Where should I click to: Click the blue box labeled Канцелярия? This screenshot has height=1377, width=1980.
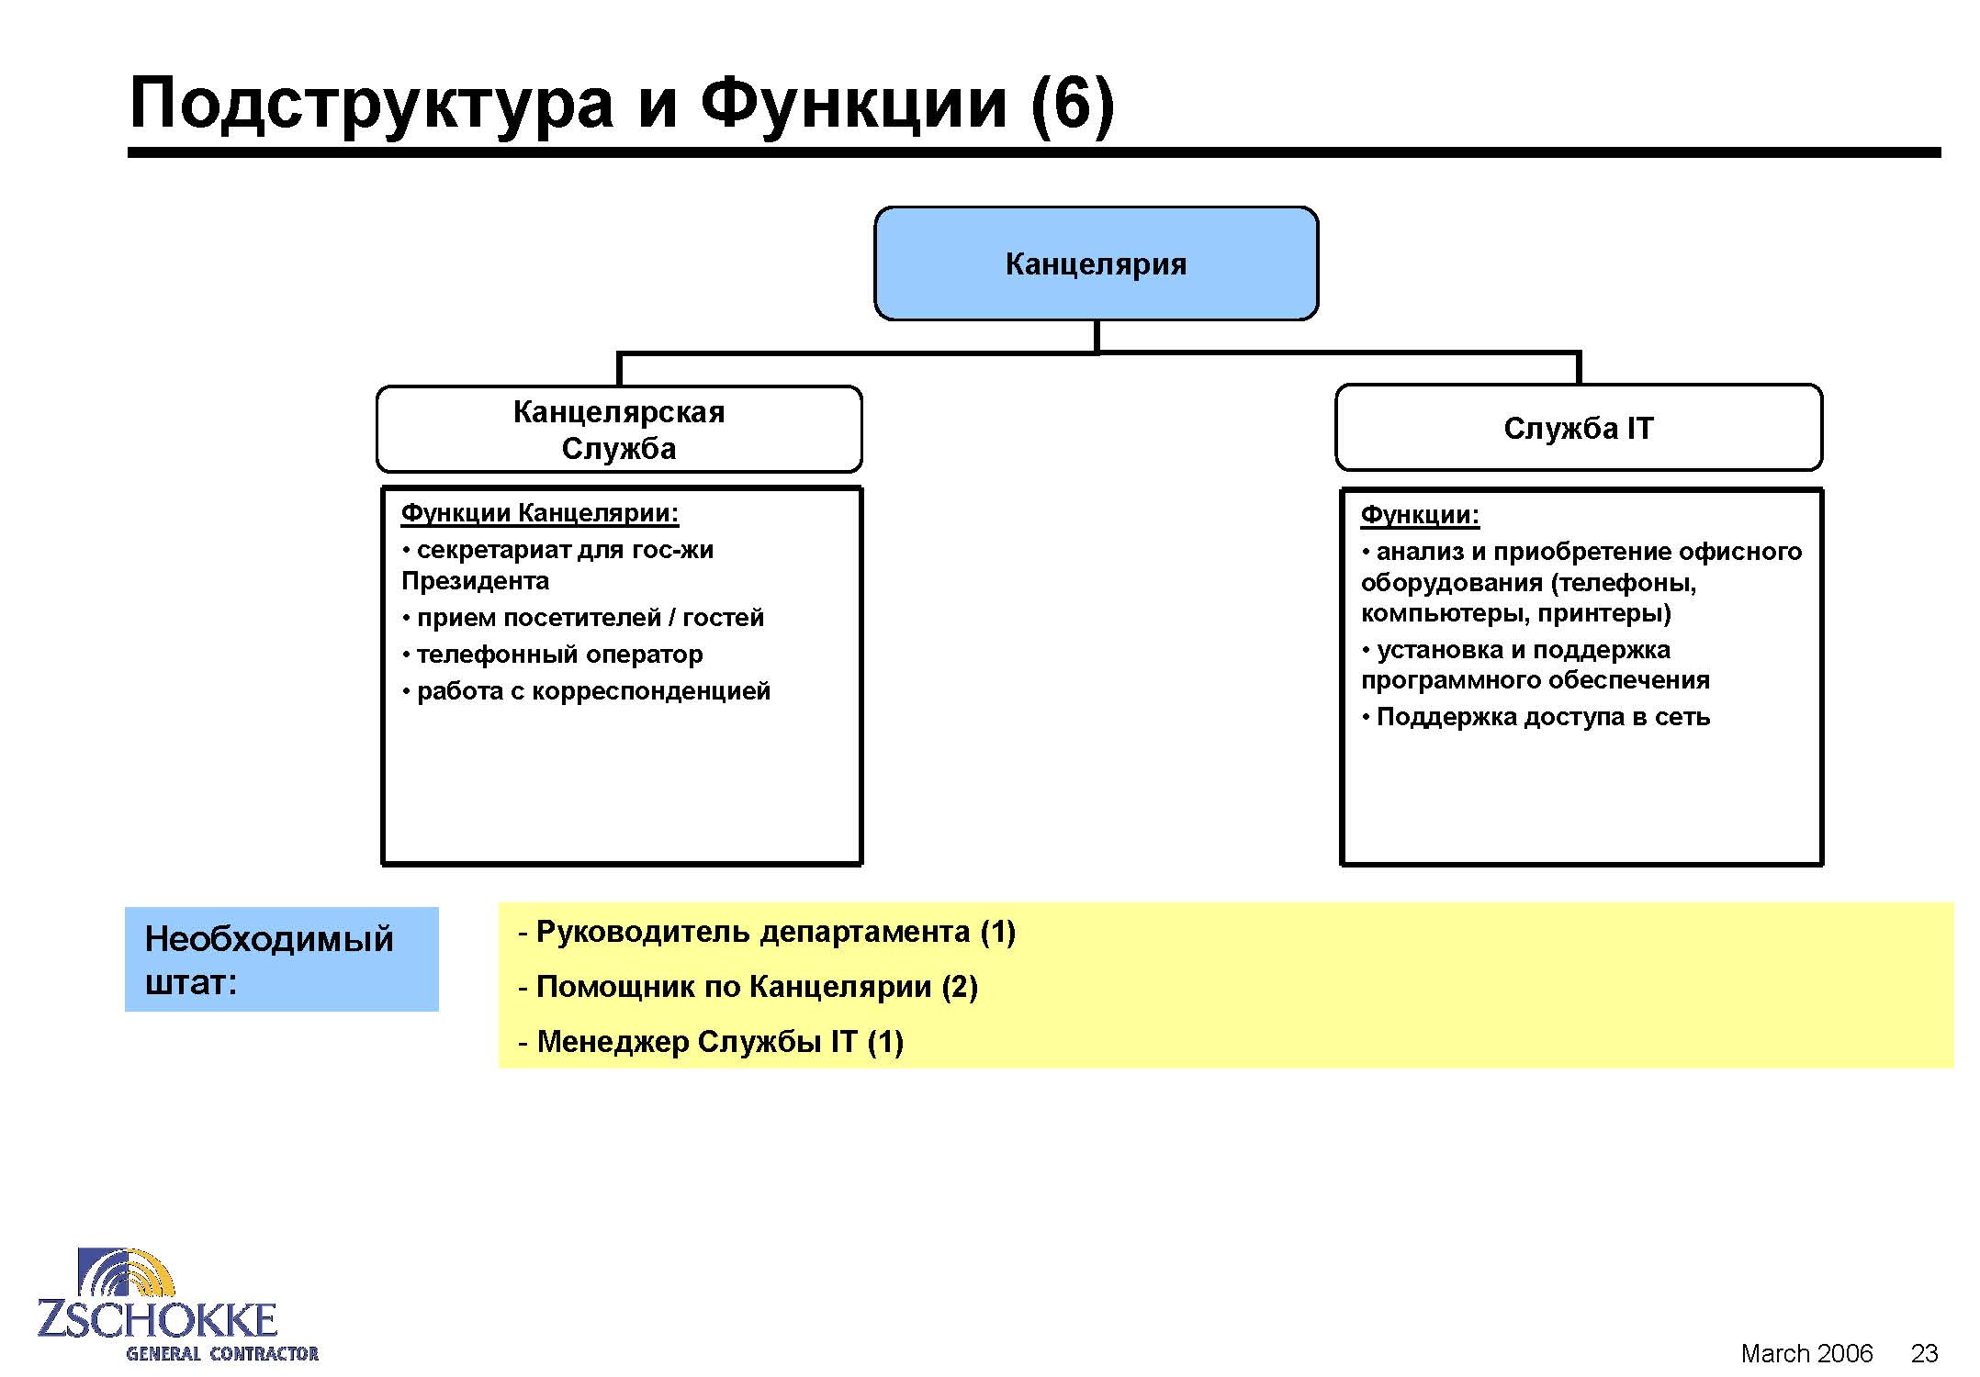tap(1096, 263)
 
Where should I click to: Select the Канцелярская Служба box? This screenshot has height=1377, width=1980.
tap(619, 430)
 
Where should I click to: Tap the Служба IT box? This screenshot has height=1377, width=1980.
tap(1579, 428)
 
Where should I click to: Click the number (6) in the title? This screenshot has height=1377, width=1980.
tap(1073, 103)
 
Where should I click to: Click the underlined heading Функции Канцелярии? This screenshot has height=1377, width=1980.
tap(540, 513)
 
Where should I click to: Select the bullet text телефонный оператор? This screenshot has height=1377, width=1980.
tap(553, 655)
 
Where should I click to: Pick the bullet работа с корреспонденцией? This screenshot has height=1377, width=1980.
tap(586, 691)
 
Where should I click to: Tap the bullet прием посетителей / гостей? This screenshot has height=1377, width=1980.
tap(583, 618)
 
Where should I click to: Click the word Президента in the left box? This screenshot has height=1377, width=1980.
tap(476, 581)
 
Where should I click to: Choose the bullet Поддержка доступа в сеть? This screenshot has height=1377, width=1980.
tap(1536, 717)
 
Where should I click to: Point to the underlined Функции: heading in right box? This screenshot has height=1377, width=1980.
tap(1420, 515)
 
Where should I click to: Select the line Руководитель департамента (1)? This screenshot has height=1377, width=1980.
tap(767, 932)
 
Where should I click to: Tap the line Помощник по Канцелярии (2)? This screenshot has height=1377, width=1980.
tap(748, 987)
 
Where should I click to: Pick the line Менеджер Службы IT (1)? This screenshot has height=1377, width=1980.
tap(711, 1042)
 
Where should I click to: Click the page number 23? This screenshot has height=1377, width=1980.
tap(1924, 1353)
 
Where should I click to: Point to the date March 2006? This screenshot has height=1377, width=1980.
tap(1806, 1353)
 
